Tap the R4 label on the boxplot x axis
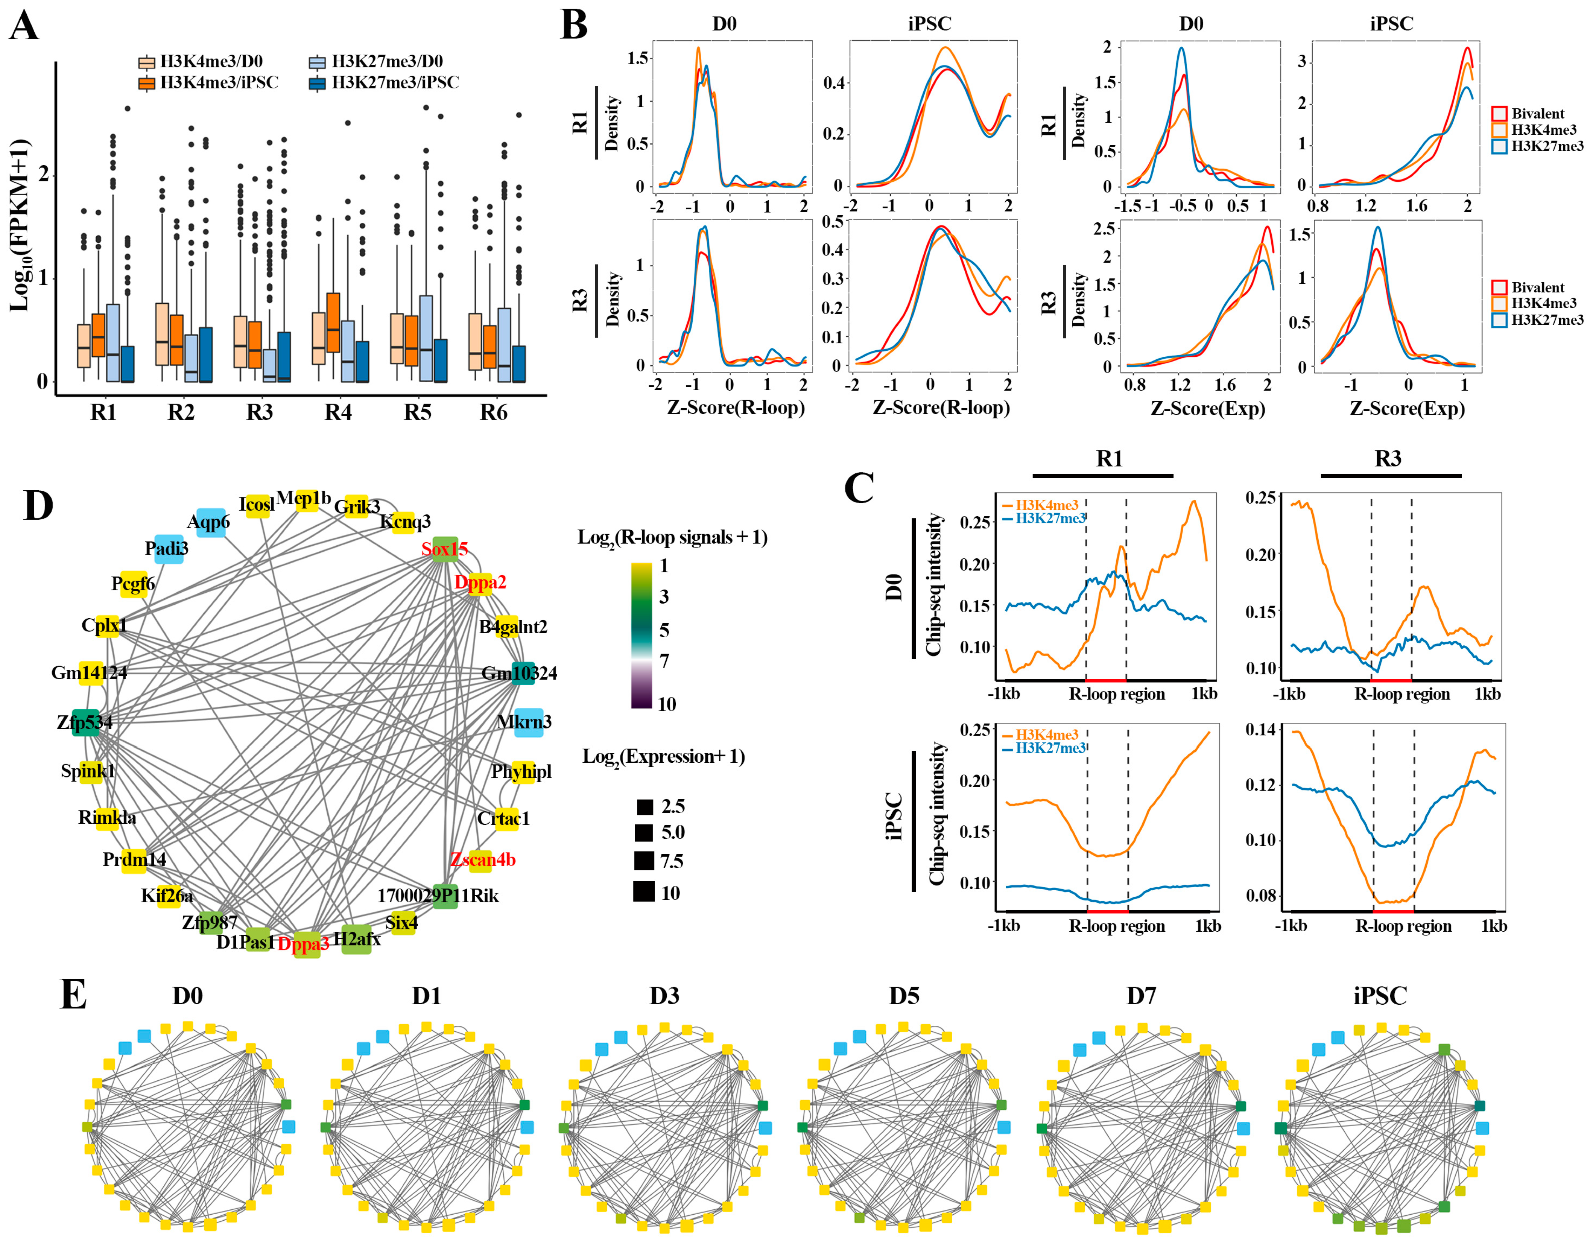pyautogui.click(x=338, y=413)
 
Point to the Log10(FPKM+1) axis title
pyautogui.click(x=20, y=226)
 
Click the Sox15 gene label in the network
pyautogui.click(x=444, y=549)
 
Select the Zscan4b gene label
pyautogui.click(x=483, y=860)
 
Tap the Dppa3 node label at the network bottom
pyautogui.click(x=304, y=944)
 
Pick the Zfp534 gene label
pyautogui.click(x=85, y=722)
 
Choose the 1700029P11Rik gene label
pyautogui.click(x=438, y=896)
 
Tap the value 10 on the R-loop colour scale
pyautogui.click(x=666, y=704)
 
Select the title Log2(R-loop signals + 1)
pyautogui.click(x=672, y=537)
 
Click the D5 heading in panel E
pyautogui.click(x=904, y=996)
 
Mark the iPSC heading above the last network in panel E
pyautogui.click(x=1380, y=996)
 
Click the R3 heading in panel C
pyautogui.click(x=1388, y=459)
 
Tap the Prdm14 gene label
pyautogui.click(x=134, y=860)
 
